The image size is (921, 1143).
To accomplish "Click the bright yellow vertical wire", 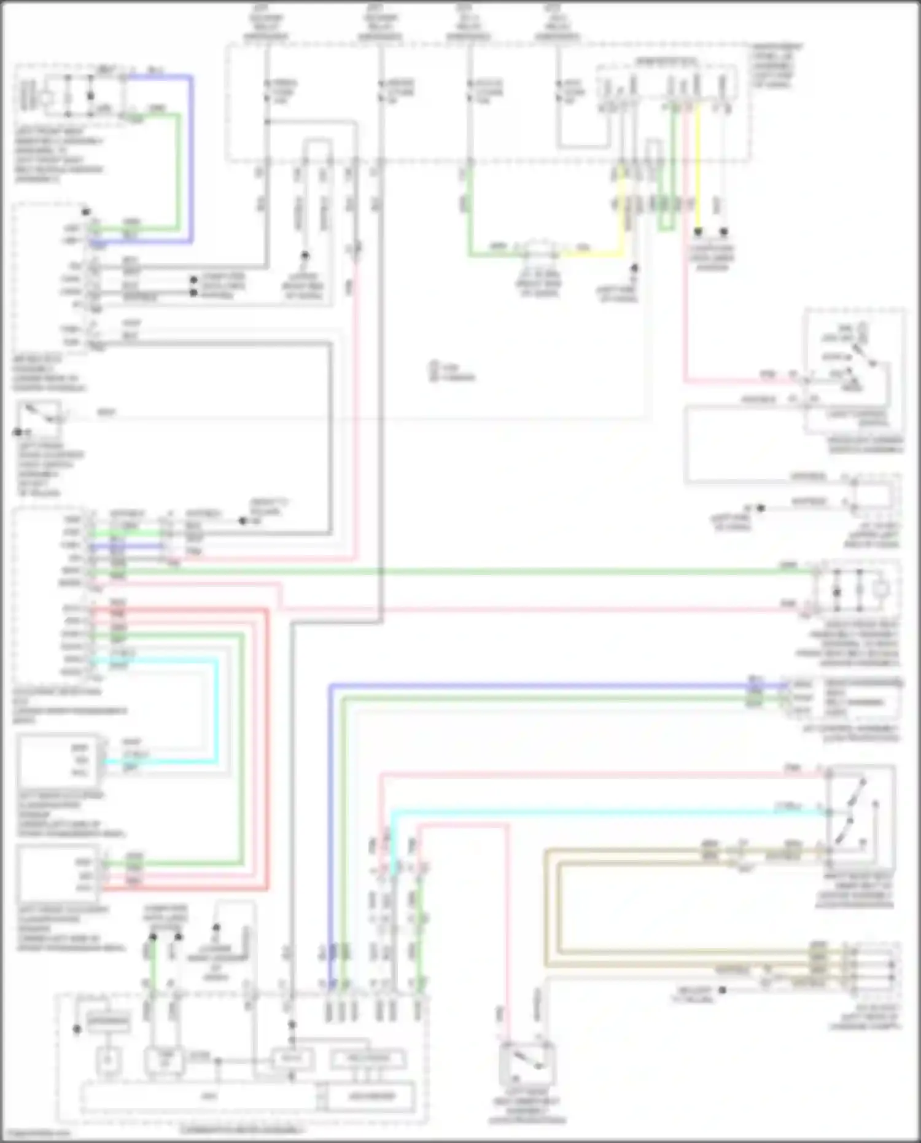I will point(698,172).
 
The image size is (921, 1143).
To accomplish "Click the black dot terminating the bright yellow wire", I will point(698,232).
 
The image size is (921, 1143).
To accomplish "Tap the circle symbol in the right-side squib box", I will point(881,590).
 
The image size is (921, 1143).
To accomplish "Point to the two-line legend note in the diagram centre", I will point(452,372).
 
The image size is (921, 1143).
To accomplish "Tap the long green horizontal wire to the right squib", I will point(491,572).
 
